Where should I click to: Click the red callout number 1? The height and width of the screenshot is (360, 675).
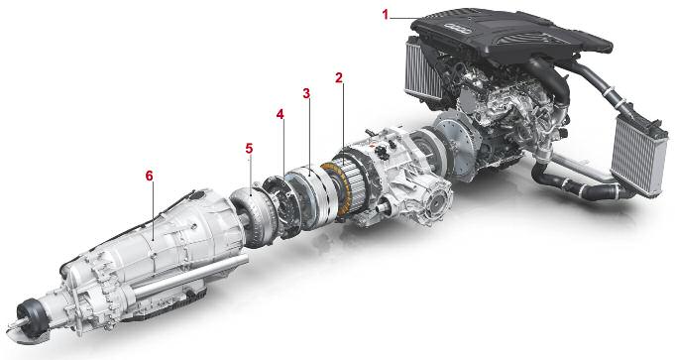pos(386,15)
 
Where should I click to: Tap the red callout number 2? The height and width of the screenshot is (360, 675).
pos(339,78)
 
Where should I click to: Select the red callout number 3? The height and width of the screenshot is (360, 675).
pos(306,93)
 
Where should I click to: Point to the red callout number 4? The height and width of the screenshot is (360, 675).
pos(281,114)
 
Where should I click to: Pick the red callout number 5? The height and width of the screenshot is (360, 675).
pos(249,148)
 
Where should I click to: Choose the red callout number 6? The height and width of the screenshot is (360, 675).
pos(149,176)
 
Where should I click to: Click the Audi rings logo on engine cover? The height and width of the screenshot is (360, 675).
pos(457,26)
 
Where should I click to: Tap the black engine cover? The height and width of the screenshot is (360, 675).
pos(510,36)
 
